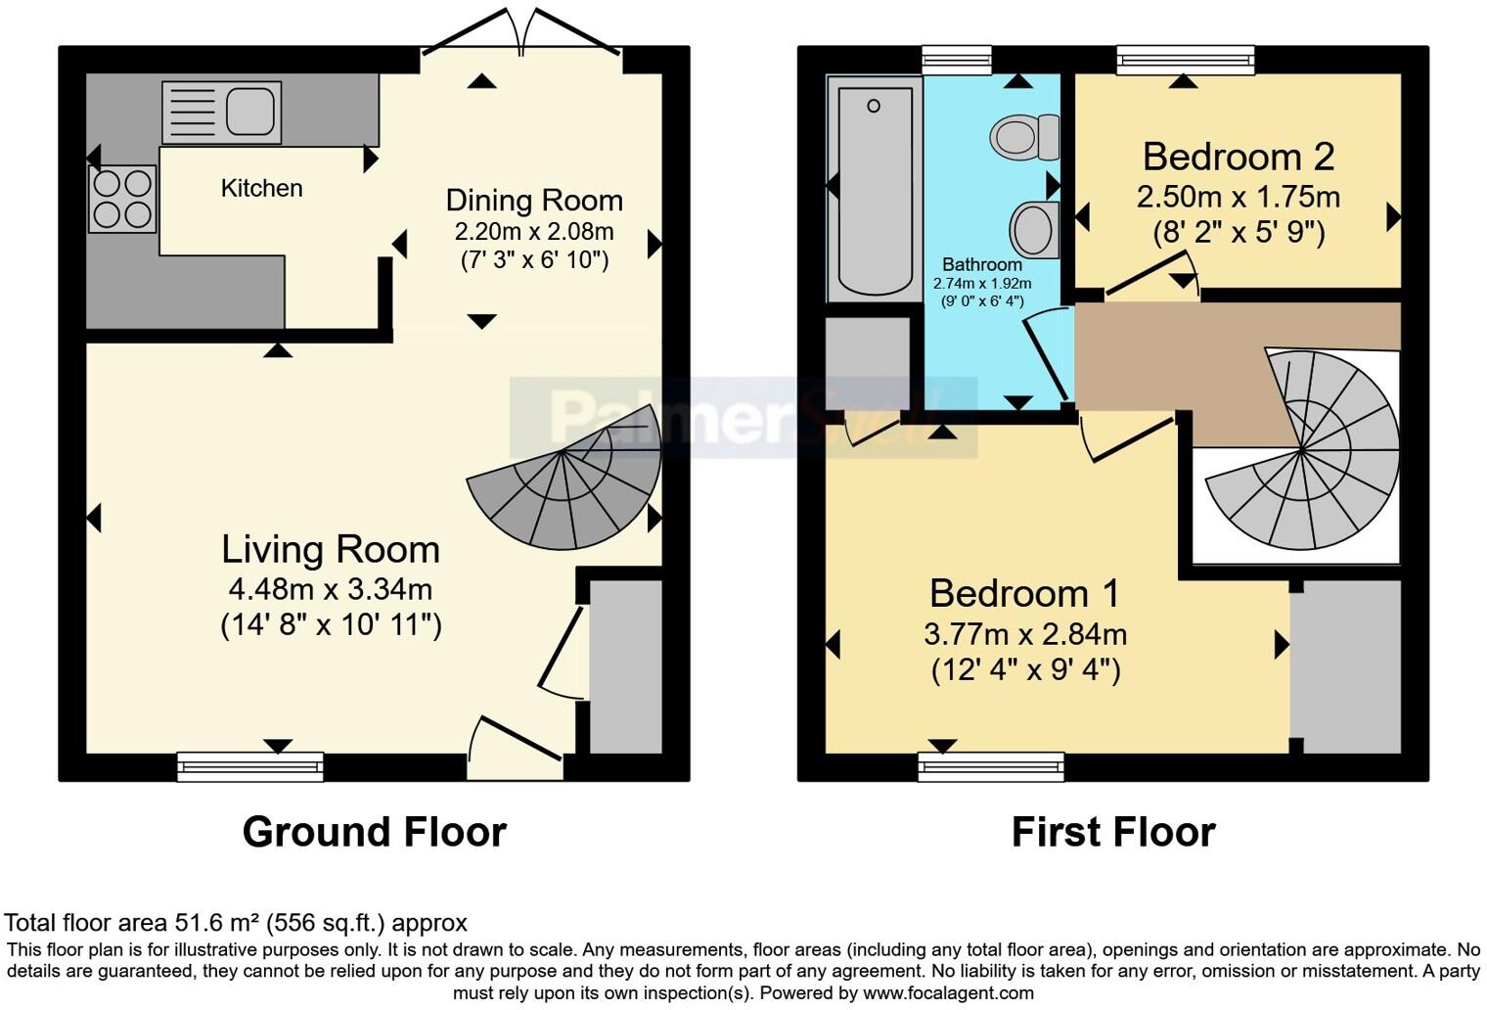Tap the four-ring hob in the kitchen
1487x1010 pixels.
(122, 199)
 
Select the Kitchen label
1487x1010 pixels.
(261, 188)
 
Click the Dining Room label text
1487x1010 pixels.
(534, 200)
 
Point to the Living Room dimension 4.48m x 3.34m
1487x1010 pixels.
(331, 589)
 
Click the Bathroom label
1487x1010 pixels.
(982, 264)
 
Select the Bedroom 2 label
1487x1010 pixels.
(1239, 157)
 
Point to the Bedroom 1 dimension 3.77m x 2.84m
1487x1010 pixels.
(1025, 634)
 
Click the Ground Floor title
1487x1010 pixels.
(374, 832)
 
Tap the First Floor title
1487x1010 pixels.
(1113, 832)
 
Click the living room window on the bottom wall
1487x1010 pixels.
(250, 766)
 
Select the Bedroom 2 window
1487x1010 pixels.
(1186, 61)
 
